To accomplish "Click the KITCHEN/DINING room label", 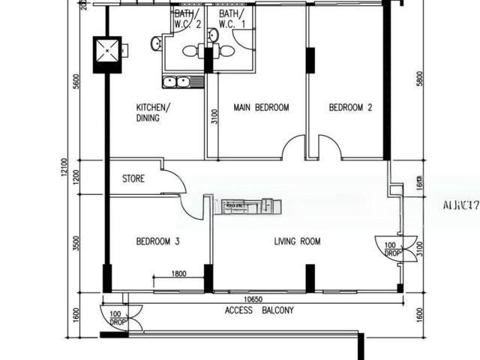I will [153, 112].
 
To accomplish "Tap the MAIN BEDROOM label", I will [261, 107].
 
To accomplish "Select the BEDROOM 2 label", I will [350, 107].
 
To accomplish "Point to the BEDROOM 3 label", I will [157, 241].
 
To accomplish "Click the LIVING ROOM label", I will [297, 241].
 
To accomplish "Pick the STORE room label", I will [133, 179].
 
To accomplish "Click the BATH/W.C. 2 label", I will [188, 19].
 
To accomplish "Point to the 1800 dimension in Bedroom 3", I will [178, 274].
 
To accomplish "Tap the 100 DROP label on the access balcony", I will [117, 318].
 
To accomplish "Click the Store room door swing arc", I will [177, 180].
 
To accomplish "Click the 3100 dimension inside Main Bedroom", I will [214, 116].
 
